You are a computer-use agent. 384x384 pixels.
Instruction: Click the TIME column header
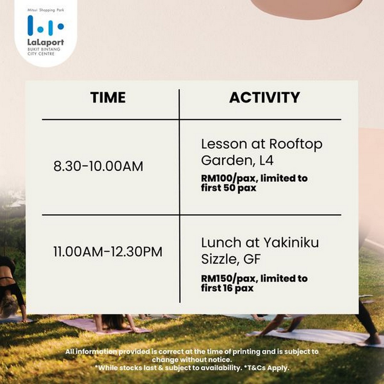click(108, 97)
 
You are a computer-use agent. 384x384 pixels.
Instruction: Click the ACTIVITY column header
click(265, 97)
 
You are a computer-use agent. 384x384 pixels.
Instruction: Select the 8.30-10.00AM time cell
click(98, 166)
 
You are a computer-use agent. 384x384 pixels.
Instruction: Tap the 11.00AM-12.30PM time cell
click(108, 252)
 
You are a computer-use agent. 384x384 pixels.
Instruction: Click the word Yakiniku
click(291, 242)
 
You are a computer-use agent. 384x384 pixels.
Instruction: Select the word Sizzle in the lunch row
click(219, 259)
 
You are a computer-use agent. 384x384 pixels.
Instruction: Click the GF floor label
click(252, 259)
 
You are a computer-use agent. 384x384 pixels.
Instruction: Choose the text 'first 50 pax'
click(229, 188)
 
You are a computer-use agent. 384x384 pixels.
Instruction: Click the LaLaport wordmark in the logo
click(46, 42)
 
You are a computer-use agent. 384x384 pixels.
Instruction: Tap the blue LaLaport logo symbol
click(46, 26)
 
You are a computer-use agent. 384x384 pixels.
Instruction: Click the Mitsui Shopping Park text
click(46, 10)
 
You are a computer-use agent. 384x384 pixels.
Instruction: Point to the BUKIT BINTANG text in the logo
click(44, 49)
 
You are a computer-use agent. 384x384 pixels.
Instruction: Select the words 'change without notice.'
click(192, 359)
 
